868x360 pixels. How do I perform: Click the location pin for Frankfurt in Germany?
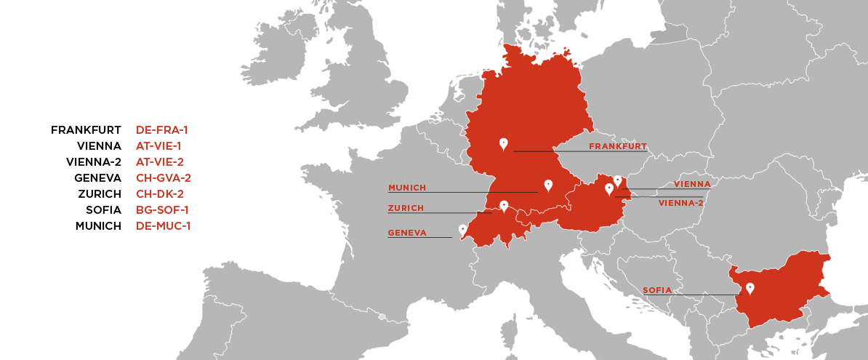[x=503, y=144]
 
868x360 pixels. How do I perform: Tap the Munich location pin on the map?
[x=548, y=185]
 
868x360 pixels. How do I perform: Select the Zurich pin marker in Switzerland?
[x=503, y=207]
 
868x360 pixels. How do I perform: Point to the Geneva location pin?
[x=462, y=230]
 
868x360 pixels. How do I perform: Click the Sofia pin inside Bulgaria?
[x=750, y=289]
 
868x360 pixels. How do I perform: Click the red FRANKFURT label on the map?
[x=617, y=146]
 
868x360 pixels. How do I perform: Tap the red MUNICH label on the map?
[x=407, y=188]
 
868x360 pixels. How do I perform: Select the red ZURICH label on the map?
[x=406, y=208]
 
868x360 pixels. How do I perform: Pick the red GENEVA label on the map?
[x=407, y=233]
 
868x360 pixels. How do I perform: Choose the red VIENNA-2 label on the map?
[x=680, y=203]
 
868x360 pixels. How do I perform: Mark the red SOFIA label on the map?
[x=657, y=290]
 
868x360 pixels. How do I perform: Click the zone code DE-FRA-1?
[x=162, y=130]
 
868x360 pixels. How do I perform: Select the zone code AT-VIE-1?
[x=159, y=146]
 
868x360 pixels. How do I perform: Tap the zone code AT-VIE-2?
[x=160, y=162]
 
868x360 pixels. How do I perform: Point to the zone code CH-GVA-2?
[x=164, y=178]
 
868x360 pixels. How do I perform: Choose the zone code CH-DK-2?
[x=160, y=194]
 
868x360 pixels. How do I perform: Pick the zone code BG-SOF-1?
[x=162, y=210]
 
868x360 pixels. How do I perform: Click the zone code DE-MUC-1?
[x=163, y=226]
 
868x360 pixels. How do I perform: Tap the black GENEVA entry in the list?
[x=97, y=178]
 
